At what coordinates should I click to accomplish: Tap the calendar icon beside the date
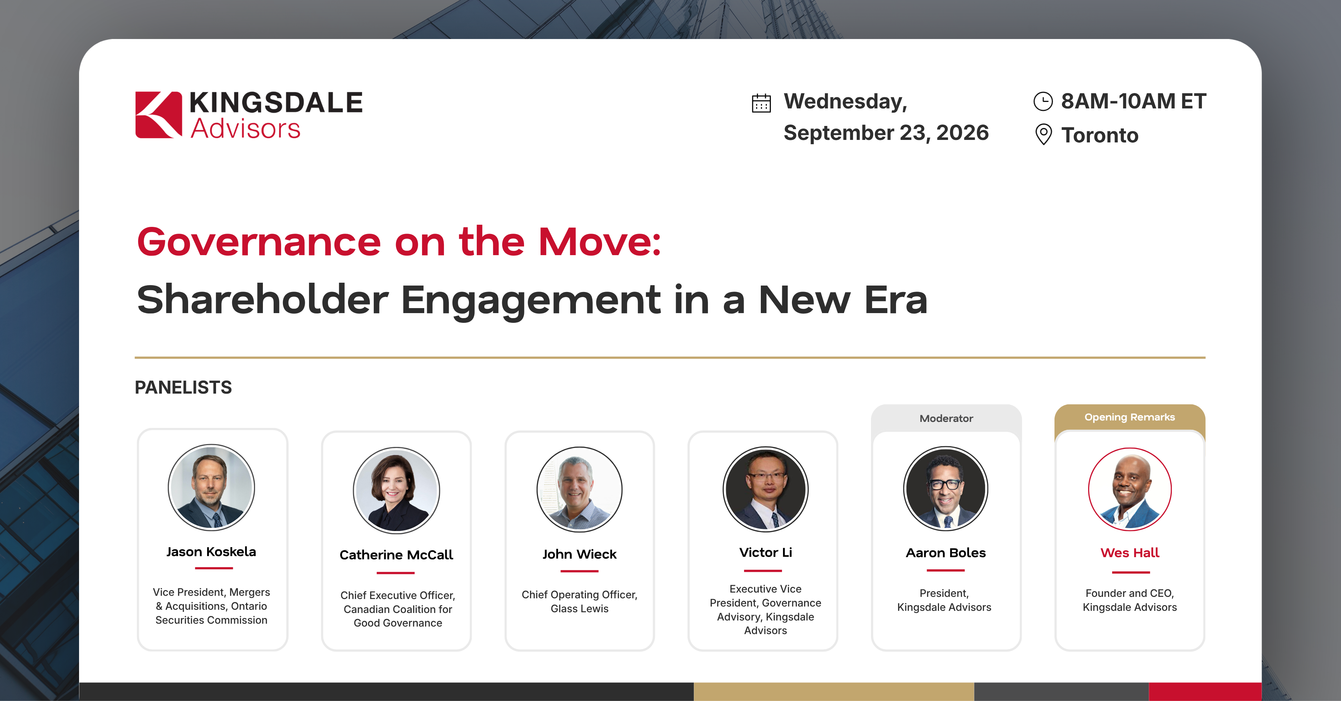coord(761,103)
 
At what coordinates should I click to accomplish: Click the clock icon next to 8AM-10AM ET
coord(1043,101)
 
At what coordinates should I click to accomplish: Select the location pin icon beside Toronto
coord(1043,134)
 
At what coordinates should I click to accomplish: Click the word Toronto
coord(1100,135)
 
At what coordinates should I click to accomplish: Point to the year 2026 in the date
coord(963,133)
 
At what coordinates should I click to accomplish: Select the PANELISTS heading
coord(183,388)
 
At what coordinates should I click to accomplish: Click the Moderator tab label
coord(946,418)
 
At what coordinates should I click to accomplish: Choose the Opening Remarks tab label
coord(1130,417)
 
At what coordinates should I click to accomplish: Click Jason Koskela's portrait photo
coord(211,487)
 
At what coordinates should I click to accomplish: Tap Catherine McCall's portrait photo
coord(396,490)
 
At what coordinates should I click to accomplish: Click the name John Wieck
coord(579,554)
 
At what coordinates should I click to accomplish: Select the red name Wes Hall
coord(1130,552)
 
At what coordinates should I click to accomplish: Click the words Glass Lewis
coord(579,608)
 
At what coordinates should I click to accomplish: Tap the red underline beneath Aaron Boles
coord(945,570)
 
